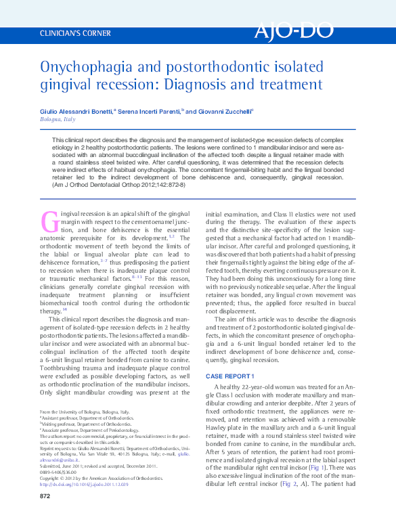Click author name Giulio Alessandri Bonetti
point(76,111)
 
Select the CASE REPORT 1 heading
point(229,376)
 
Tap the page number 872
point(46,516)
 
